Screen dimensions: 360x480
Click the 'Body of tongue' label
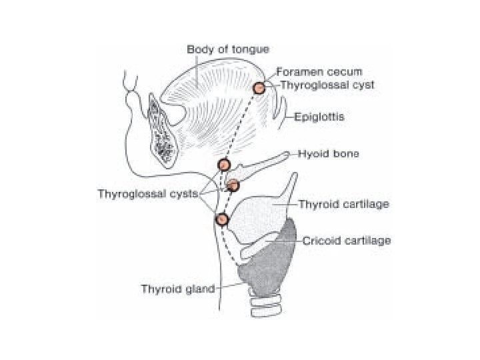click(228, 49)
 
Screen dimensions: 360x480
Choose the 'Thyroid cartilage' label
click(343, 203)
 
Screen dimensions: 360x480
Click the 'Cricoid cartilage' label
click(346, 240)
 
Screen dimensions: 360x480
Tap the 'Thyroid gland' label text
click(177, 289)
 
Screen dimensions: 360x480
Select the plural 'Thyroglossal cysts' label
click(149, 194)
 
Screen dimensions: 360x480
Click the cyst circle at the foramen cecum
click(259, 87)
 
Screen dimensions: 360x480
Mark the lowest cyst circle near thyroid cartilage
click(223, 218)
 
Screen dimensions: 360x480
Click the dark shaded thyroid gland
click(270, 267)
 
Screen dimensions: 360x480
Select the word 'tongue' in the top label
click(251, 49)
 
